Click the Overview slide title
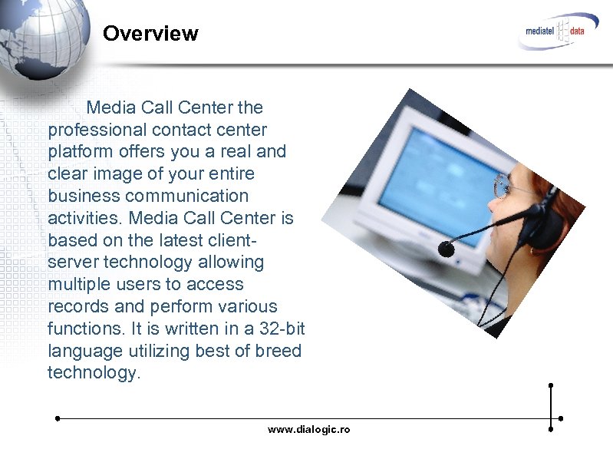coord(150,34)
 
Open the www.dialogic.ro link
coord(308,430)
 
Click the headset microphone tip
coord(446,247)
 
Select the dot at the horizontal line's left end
coord(58,419)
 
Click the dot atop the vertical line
coord(551,385)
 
